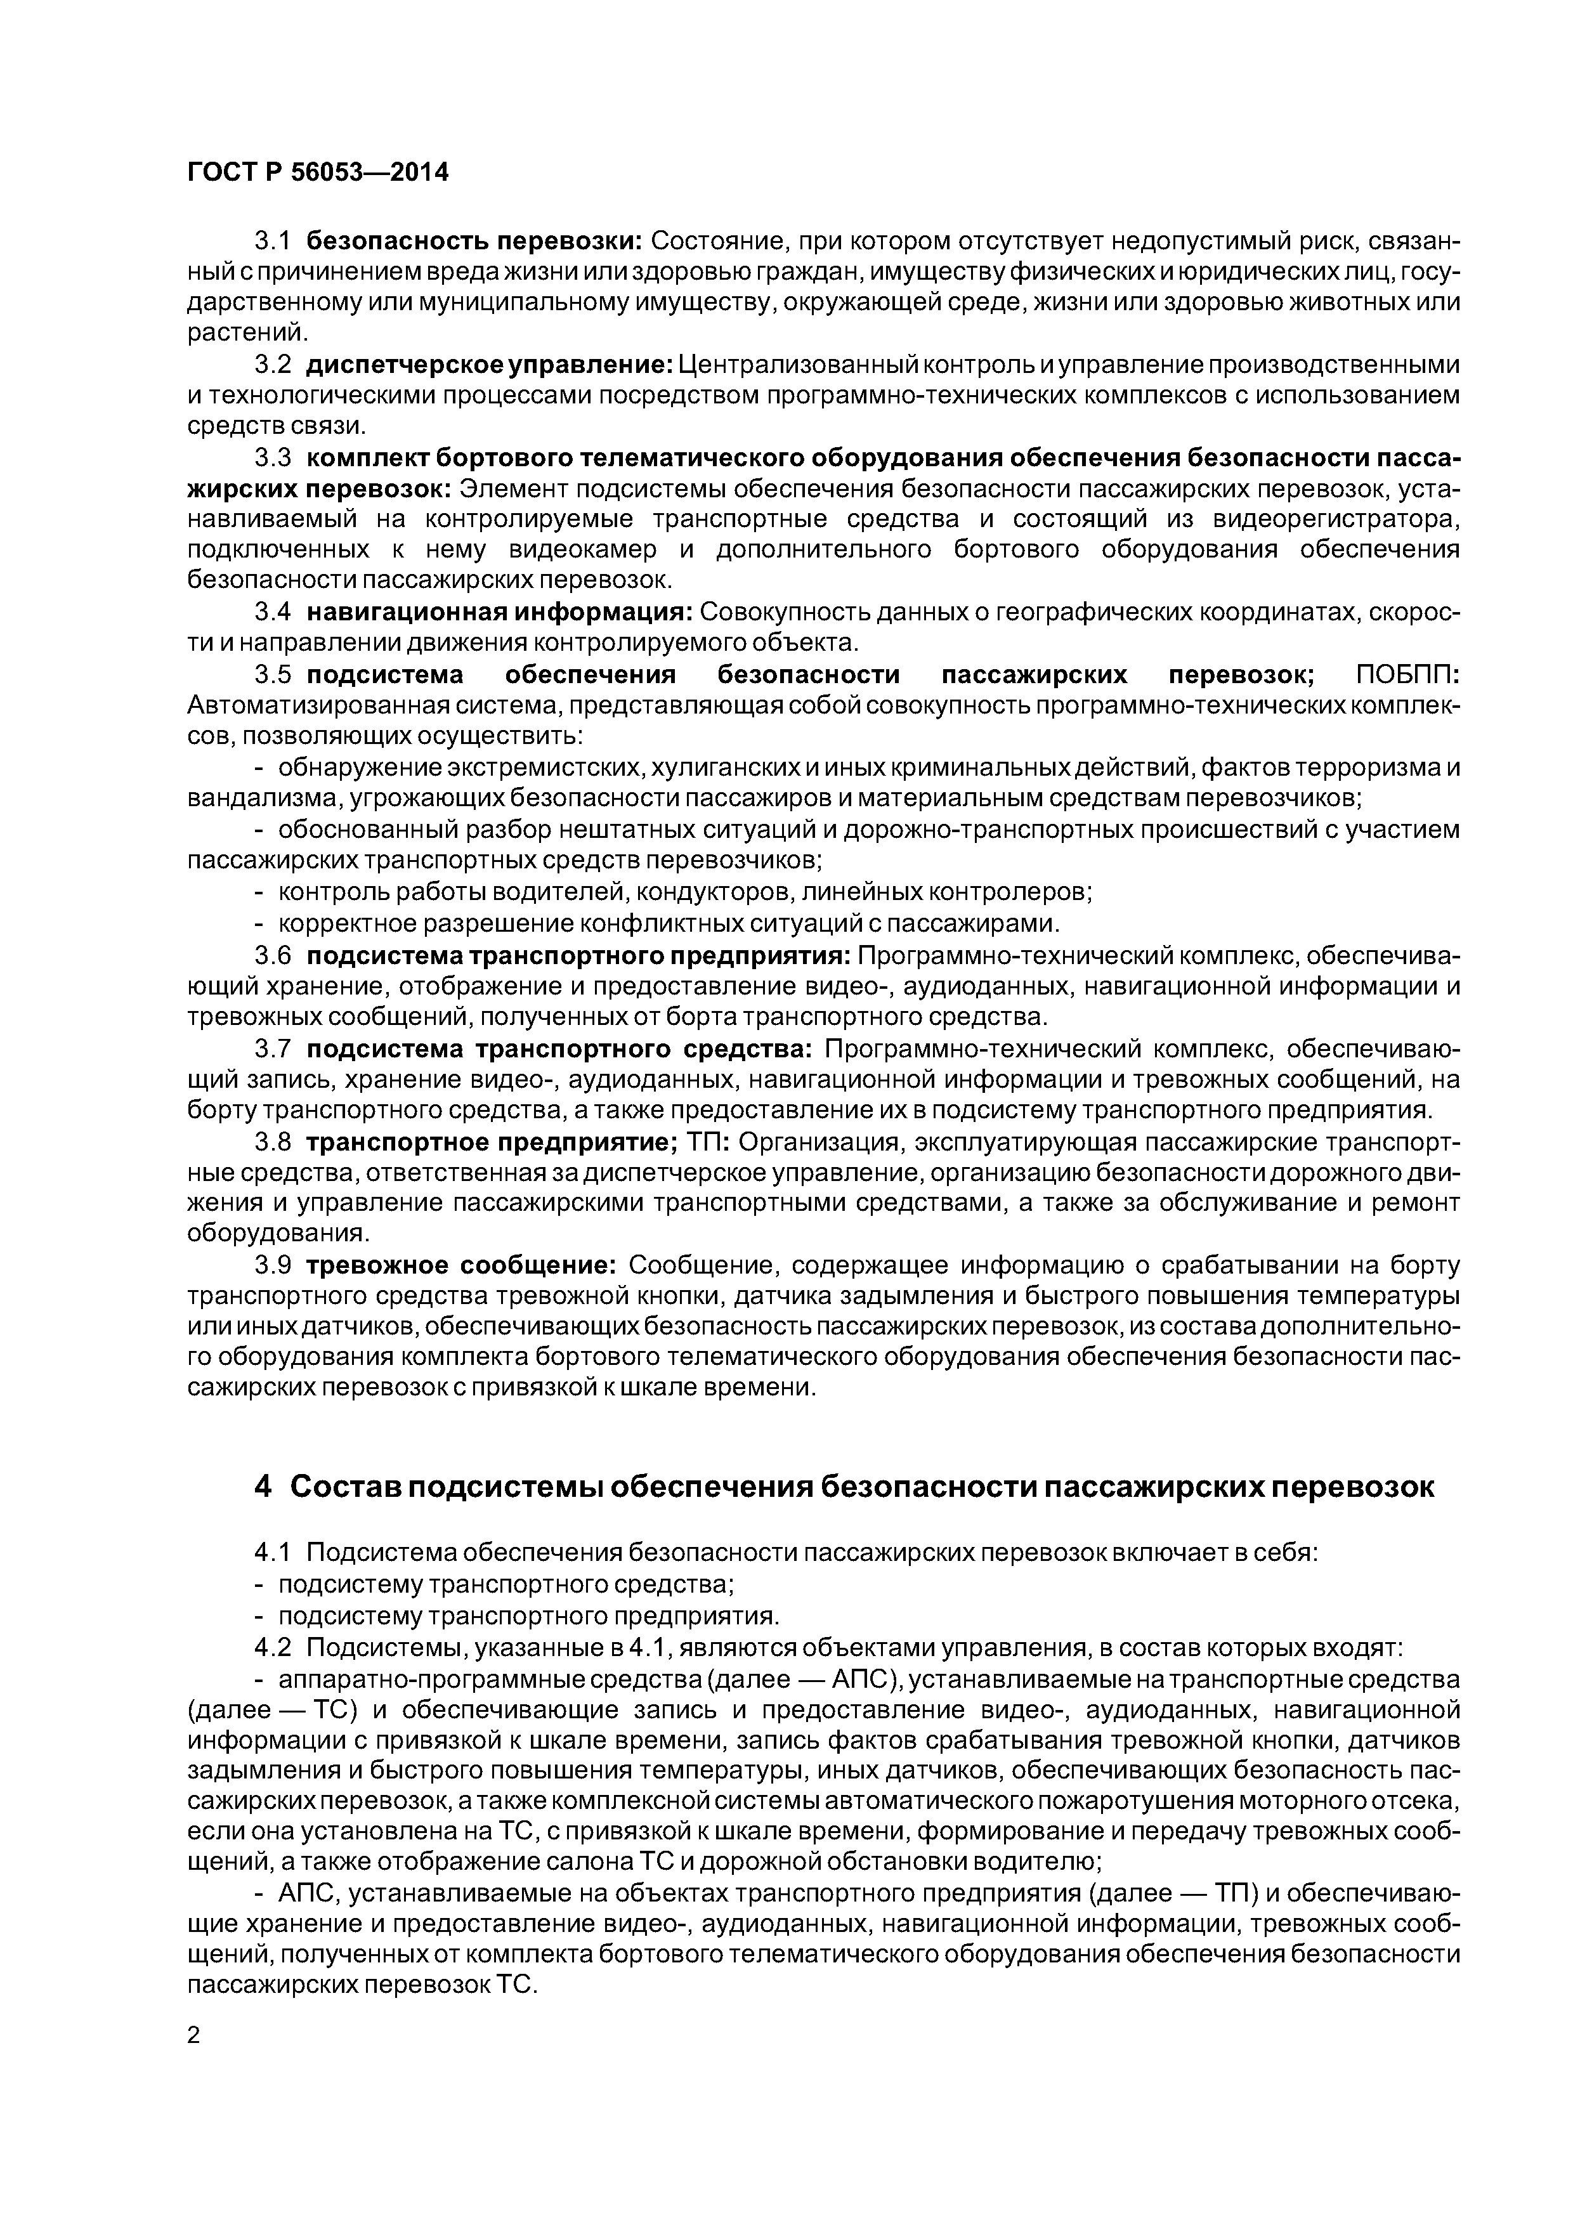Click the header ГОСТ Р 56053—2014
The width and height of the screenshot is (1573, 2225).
point(318,173)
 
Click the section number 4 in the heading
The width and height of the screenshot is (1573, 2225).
point(263,1487)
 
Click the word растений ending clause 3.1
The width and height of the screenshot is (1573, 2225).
point(246,334)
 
